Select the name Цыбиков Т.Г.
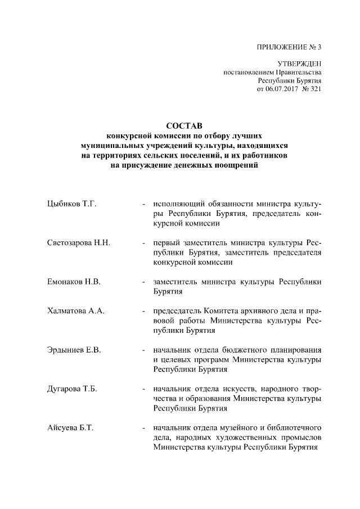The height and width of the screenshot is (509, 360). [73, 204]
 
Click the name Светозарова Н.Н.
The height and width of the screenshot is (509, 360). [78, 243]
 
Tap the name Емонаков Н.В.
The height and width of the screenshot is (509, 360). [74, 282]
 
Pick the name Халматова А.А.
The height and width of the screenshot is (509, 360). [76, 311]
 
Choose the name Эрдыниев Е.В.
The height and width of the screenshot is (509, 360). [74, 350]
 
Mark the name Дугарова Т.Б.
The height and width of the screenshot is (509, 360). [73, 389]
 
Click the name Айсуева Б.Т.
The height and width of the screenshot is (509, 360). [70, 427]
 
